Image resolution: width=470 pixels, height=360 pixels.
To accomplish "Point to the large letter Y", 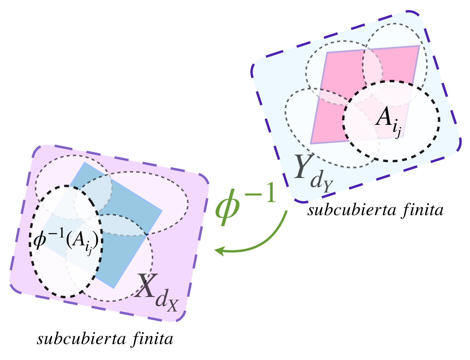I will coord(303,167).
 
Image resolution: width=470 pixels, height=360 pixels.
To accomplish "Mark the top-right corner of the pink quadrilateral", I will coord(419,46).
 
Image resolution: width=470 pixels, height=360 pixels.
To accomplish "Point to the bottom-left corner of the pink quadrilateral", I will coord(311,143).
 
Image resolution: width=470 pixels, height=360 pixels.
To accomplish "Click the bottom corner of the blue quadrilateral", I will coord(114,288).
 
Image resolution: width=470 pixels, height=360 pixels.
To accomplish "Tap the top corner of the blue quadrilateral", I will coord(84,162).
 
